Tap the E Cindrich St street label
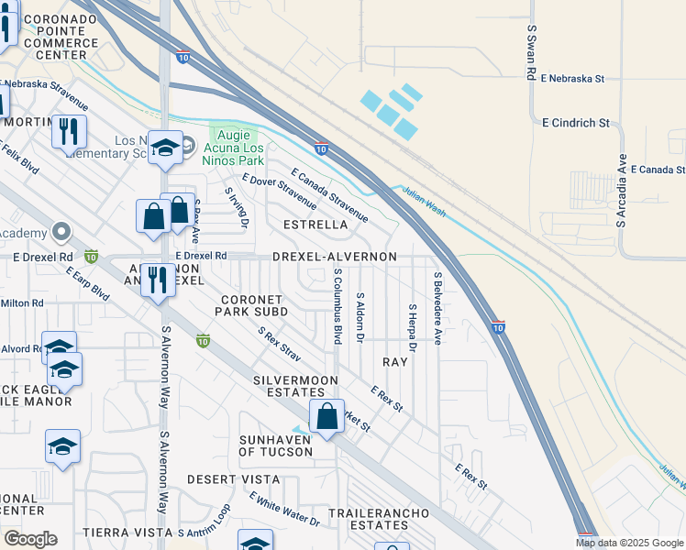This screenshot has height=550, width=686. tap(575, 122)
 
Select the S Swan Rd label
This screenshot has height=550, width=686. tap(531, 52)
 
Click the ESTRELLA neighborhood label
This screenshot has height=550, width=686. tap(315, 225)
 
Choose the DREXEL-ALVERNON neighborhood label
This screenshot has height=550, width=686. tap(335, 257)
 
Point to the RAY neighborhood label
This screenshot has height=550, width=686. tap(394, 363)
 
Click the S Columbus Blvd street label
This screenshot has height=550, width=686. tap(338, 306)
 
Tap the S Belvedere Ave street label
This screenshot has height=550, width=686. tap(437, 308)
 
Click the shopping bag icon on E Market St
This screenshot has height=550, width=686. tap(326, 417)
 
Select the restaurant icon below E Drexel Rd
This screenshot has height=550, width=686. tap(158, 281)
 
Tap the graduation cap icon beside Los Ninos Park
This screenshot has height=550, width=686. tap(164, 148)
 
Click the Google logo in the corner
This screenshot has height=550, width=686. tap(30, 538)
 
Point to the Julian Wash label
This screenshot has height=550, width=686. tap(421, 200)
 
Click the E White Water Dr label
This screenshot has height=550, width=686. tap(283, 509)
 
